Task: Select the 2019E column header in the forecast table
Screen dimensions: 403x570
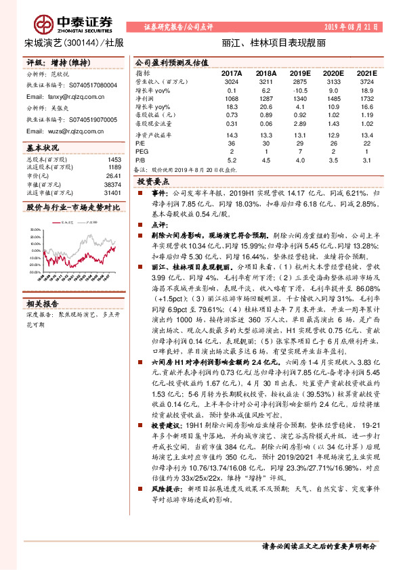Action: pyautogui.click(x=299, y=72)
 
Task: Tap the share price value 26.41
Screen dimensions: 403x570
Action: pyautogui.click(x=113, y=175)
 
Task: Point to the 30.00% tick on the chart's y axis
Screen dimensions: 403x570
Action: pyautogui.click(x=34, y=229)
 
